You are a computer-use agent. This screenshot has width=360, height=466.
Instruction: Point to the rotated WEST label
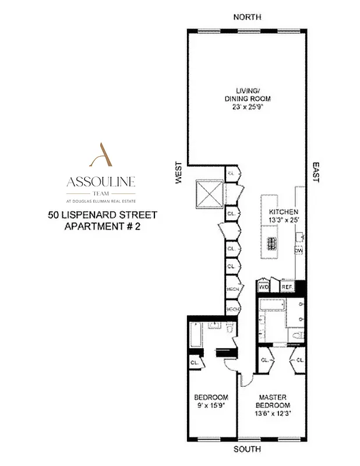[x=178, y=174]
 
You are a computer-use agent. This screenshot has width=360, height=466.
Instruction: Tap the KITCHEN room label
[x=284, y=211]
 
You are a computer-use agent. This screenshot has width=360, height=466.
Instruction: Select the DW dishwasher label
[x=299, y=250]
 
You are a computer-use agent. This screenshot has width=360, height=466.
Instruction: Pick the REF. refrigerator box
[x=287, y=287]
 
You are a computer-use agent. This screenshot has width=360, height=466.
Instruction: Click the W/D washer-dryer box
[x=264, y=287]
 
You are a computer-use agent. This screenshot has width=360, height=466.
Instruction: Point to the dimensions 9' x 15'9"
[x=211, y=405]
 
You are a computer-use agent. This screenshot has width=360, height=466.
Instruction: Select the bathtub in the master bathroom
[x=270, y=304]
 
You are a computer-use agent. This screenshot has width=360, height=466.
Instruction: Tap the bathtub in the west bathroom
[x=195, y=336]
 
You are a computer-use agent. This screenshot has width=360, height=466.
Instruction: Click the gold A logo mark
[x=100, y=154]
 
